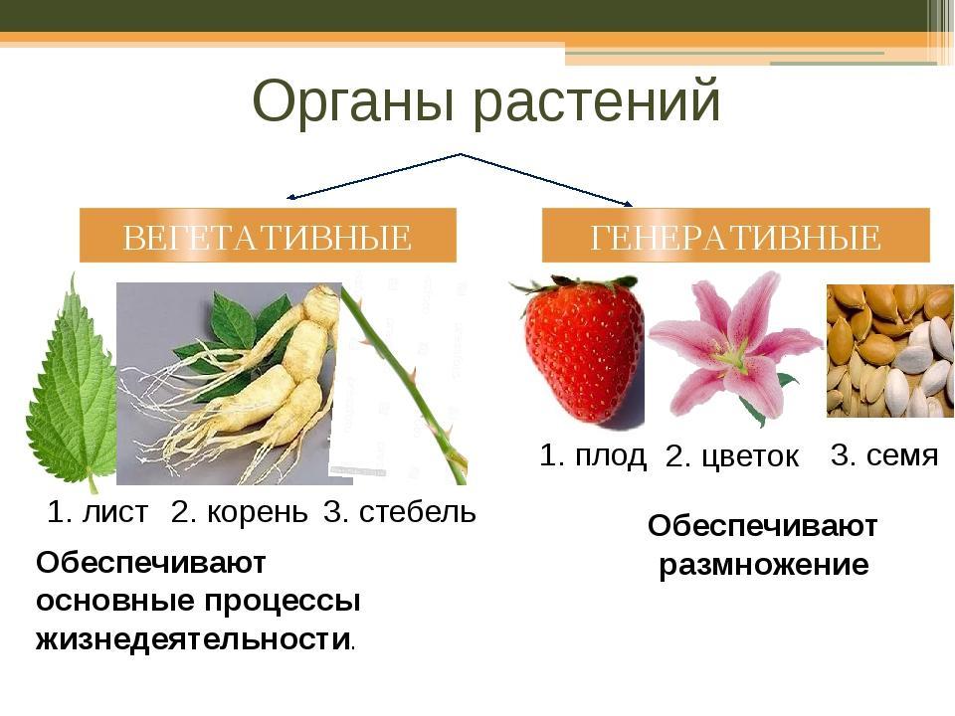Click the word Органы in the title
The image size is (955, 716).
(353, 101)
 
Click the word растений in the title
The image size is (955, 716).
(597, 101)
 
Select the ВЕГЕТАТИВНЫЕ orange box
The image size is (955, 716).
(268, 236)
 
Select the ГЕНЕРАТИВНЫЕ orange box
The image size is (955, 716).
(736, 236)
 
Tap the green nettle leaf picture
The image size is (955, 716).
(72, 390)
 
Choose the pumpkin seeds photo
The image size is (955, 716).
(889, 351)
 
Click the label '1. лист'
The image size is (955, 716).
(97, 512)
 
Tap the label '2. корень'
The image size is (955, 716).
(240, 513)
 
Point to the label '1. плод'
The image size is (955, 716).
(593, 455)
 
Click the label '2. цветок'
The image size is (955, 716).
(731, 456)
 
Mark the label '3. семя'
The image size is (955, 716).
(884, 454)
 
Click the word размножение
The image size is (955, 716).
(764, 566)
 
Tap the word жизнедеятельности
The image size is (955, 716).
(193, 639)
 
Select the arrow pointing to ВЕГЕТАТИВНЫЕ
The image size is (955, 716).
(373, 176)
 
